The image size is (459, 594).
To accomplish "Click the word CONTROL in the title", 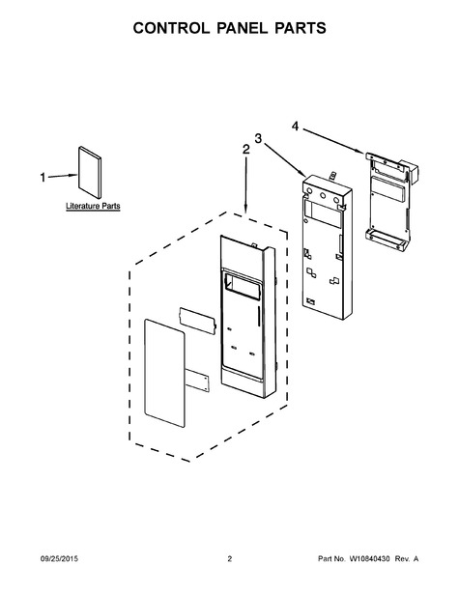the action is click(x=171, y=28).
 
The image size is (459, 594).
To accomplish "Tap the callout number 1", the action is click(x=43, y=178).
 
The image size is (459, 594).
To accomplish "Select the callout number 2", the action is click(x=246, y=150).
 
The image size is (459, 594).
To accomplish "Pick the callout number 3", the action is click(x=258, y=139).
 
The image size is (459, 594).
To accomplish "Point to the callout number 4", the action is click(x=296, y=127).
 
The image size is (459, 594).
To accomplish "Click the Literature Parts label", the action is click(x=93, y=206).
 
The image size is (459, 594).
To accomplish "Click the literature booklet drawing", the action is click(x=90, y=172).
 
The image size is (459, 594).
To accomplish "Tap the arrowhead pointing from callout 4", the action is click(x=359, y=151).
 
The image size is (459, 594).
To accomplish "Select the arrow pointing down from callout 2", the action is click(x=246, y=184).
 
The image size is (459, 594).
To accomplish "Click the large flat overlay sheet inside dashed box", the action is click(x=165, y=373).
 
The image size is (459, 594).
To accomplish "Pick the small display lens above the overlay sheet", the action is click(x=198, y=321).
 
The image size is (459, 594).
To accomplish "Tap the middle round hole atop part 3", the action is click(x=324, y=195).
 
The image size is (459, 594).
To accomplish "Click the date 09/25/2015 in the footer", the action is click(x=59, y=559).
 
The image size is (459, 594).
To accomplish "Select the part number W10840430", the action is click(x=369, y=559).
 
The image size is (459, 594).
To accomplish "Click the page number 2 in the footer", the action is click(x=229, y=559).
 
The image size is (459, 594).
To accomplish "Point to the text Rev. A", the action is click(x=407, y=559).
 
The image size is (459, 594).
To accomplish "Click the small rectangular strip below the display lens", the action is click(x=197, y=381).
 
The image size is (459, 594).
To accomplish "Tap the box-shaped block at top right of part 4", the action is click(x=410, y=171).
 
